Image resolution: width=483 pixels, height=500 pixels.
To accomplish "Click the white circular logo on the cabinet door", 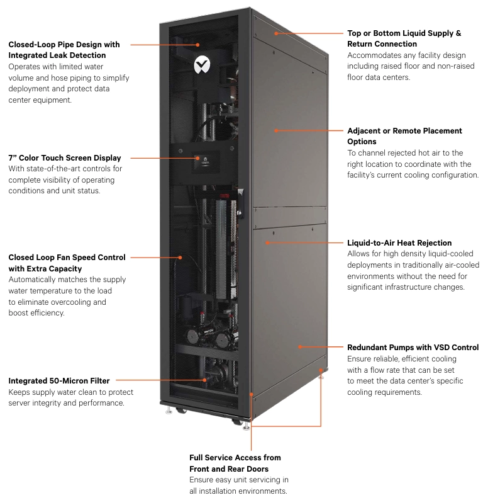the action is (x=202, y=65).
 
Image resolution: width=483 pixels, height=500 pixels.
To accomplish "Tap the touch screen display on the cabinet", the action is (x=206, y=162).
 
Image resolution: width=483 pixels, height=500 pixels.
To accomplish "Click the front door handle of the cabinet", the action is (x=241, y=203).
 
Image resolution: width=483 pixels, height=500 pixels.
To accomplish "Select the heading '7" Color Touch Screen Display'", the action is (x=65, y=158).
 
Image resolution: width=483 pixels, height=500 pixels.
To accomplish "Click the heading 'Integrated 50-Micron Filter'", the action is (x=59, y=381).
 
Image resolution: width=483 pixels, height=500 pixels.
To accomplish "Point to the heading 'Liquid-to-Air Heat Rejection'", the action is (x=399, y=243).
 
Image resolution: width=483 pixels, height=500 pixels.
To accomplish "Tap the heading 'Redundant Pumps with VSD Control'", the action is (x=413, y=347).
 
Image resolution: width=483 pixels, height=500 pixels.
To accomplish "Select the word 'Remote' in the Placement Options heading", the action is (x=406, y=131).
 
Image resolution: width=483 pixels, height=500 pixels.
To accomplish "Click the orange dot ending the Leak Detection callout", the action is (x=197, y=45).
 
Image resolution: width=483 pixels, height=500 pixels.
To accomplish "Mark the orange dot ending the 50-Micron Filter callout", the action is (x=205, y=380).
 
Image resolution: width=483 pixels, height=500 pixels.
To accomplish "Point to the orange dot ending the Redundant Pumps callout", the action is (x=300, y=347).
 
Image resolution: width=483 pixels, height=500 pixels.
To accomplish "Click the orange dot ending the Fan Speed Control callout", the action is (x=180, y=258).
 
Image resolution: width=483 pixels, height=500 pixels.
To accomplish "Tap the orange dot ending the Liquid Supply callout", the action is (x=276, y=33).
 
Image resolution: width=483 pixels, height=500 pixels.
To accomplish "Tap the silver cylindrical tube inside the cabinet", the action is (x=221, y=249).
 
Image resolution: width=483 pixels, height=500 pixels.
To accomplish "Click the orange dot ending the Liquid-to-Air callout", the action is (x=267, y=242).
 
